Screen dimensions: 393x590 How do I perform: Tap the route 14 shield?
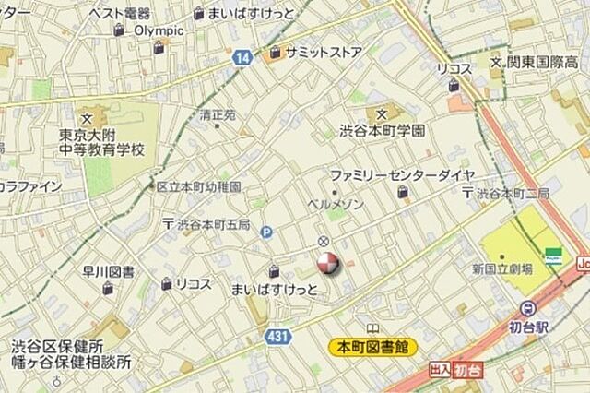(242, 57)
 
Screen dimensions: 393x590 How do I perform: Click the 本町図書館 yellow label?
(373, 348)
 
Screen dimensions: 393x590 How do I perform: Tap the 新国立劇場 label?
(502, 269)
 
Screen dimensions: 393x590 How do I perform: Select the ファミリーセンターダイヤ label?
(403, 175)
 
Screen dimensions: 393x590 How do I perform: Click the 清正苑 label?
(218, 116)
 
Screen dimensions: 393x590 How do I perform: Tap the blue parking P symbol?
(266, 232)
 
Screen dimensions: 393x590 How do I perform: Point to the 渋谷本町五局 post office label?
(213, 224)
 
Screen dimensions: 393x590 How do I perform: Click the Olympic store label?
(159, 30)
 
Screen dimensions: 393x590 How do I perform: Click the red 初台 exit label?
(468, 369)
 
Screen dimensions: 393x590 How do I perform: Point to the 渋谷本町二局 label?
(512, 194)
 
